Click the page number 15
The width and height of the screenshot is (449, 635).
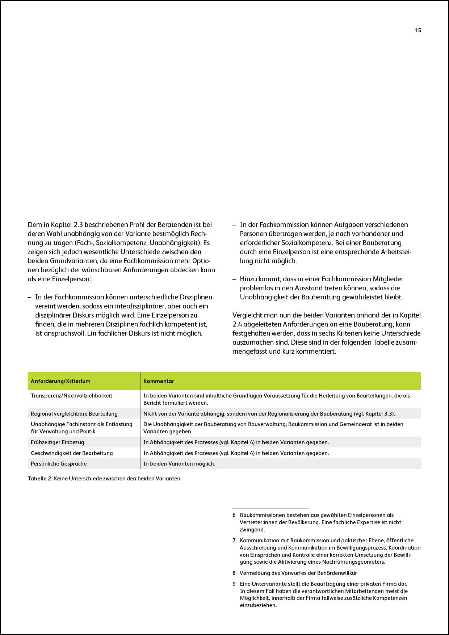[418, 30]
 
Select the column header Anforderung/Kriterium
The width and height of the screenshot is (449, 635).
[60, 381]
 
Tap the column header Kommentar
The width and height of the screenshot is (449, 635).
[159, 381]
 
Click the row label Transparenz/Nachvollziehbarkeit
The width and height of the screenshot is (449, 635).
[71, 396]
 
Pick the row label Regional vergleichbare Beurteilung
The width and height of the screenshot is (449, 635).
[74, 414]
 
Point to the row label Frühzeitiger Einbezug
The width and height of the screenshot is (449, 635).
[57, 442]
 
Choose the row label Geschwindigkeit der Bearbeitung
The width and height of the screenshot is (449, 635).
[72, 453]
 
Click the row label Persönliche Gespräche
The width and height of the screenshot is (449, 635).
[59, 464]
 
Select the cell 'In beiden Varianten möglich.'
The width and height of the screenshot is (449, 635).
[179, 464]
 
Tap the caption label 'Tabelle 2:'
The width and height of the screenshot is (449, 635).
[40, 479]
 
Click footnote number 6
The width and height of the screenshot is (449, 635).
[234, 515]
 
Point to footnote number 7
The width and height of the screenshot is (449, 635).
[234, 541]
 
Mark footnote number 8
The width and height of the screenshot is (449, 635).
[234, 573]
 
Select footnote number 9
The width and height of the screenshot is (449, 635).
[234, 584]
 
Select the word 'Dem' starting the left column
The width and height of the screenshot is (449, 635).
[35, 225]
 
